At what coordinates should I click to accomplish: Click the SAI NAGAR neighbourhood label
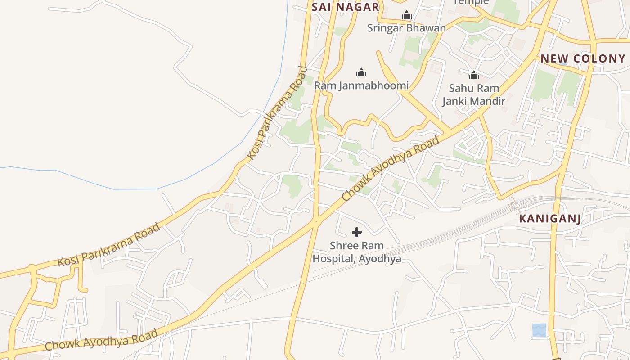click(x=346, y=7)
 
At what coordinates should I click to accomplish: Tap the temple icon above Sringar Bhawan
click(x=407, y=16)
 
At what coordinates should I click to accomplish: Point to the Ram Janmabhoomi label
click(x=361, y=85)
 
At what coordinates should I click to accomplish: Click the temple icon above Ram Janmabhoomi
click(x=361, y=72)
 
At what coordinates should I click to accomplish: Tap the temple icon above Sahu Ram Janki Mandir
click(x=473, y=75)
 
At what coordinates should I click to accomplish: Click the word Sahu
click(x=461, y=88)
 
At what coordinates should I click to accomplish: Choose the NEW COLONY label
click(x=583, y=58)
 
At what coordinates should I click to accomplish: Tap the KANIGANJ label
click(x=550, y=219)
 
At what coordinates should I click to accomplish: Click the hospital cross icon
click(x=357, y=232)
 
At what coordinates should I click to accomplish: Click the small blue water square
click(x=539, y=330)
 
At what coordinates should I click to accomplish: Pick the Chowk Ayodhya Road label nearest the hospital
click(x=390, y=169)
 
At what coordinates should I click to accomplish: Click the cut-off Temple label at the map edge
click(x=471, y=2)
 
